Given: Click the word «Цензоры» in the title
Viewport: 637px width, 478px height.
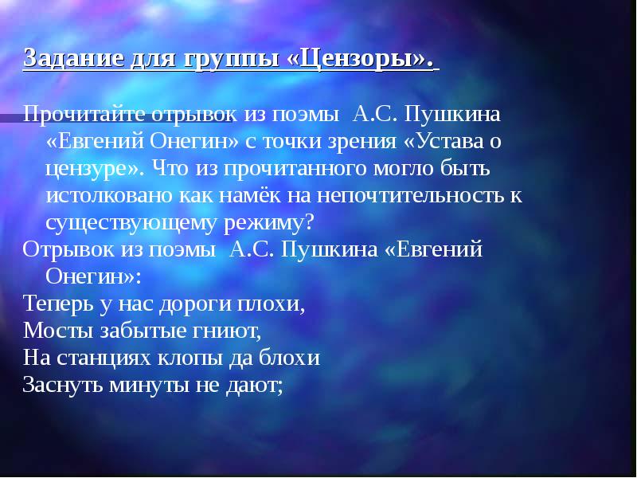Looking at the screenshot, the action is pyautogui.click(x=360, y=58).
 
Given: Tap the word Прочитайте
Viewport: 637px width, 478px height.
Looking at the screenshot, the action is pyautogui.click(x=84, y=114).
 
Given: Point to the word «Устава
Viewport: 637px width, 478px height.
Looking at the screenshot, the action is pyautogui.click(x=444, y=141).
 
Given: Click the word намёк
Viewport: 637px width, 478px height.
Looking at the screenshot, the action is pyautogui.click(x=250, y=195).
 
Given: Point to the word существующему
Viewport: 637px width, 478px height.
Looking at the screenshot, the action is pyautogui.click(x=131, y=223).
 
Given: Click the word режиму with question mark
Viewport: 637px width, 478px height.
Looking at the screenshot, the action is pyautogui.click(x=269, y=223).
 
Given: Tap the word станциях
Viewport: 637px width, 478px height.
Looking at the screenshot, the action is pyautogui.click(x=104, y=358).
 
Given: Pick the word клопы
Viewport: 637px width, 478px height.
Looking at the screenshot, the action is pyautogui.click(x=190, y=358).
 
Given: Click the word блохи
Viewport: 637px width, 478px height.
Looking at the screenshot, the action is pyautogui.click(x=290, y=357).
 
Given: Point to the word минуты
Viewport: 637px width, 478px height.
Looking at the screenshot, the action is pyautogui.click(x=149, y=385).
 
